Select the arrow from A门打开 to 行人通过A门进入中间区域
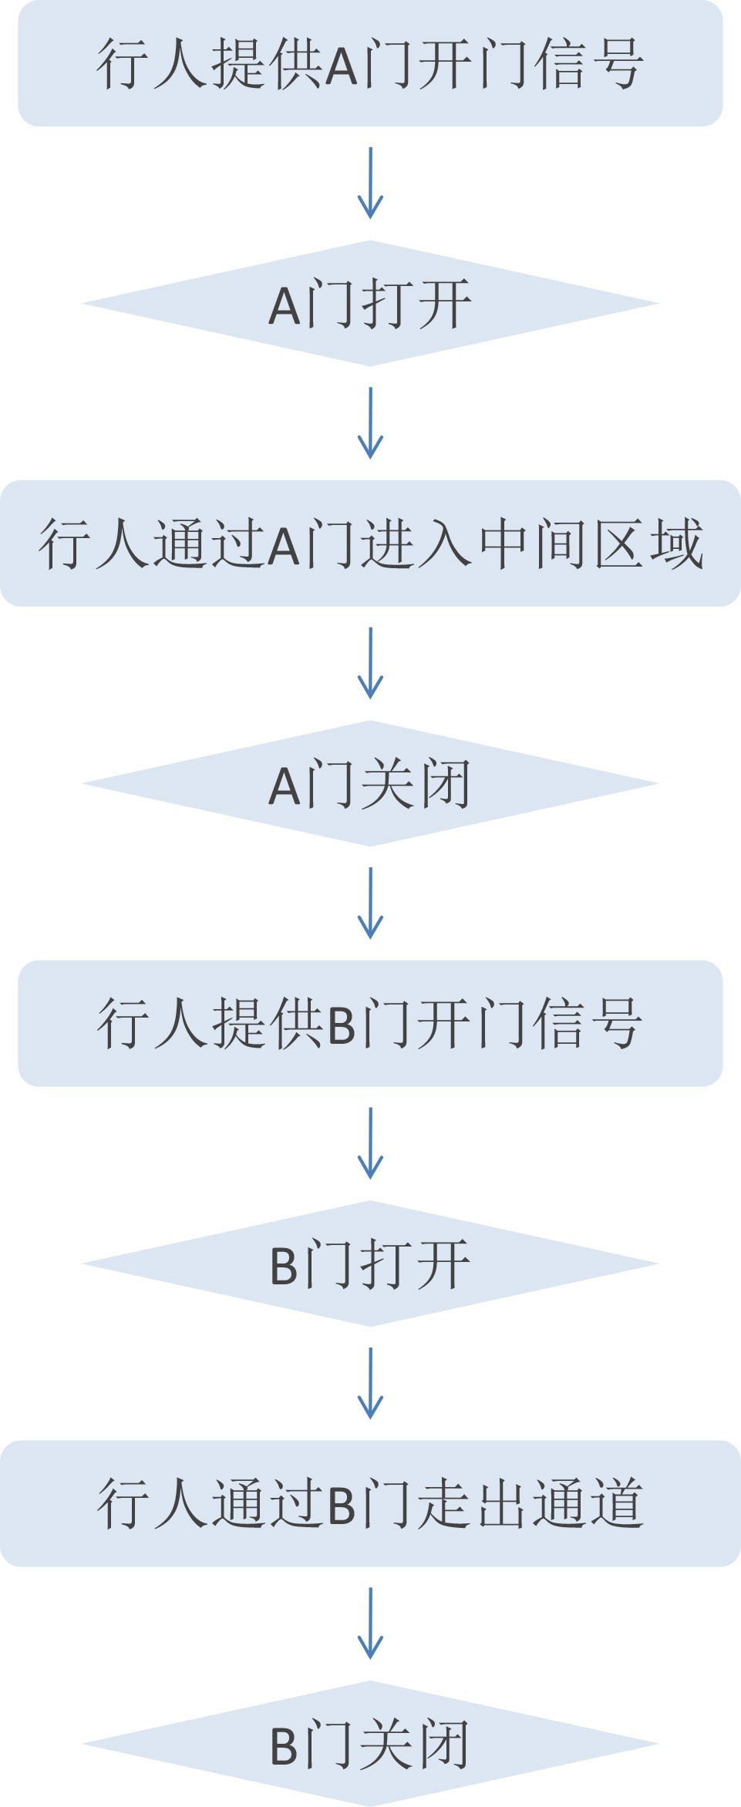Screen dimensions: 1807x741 [x=370, y=423]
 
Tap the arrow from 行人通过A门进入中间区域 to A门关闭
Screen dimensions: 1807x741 [x=370, y=663]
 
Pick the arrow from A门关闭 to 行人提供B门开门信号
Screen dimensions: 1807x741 [x=370, y=903]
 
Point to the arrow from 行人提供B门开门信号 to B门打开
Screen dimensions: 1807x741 [x=370, y=1143]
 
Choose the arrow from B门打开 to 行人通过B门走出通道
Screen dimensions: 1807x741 [x=370, y=1384]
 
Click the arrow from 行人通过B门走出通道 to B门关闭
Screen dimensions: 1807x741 [x=370, y=1624]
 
